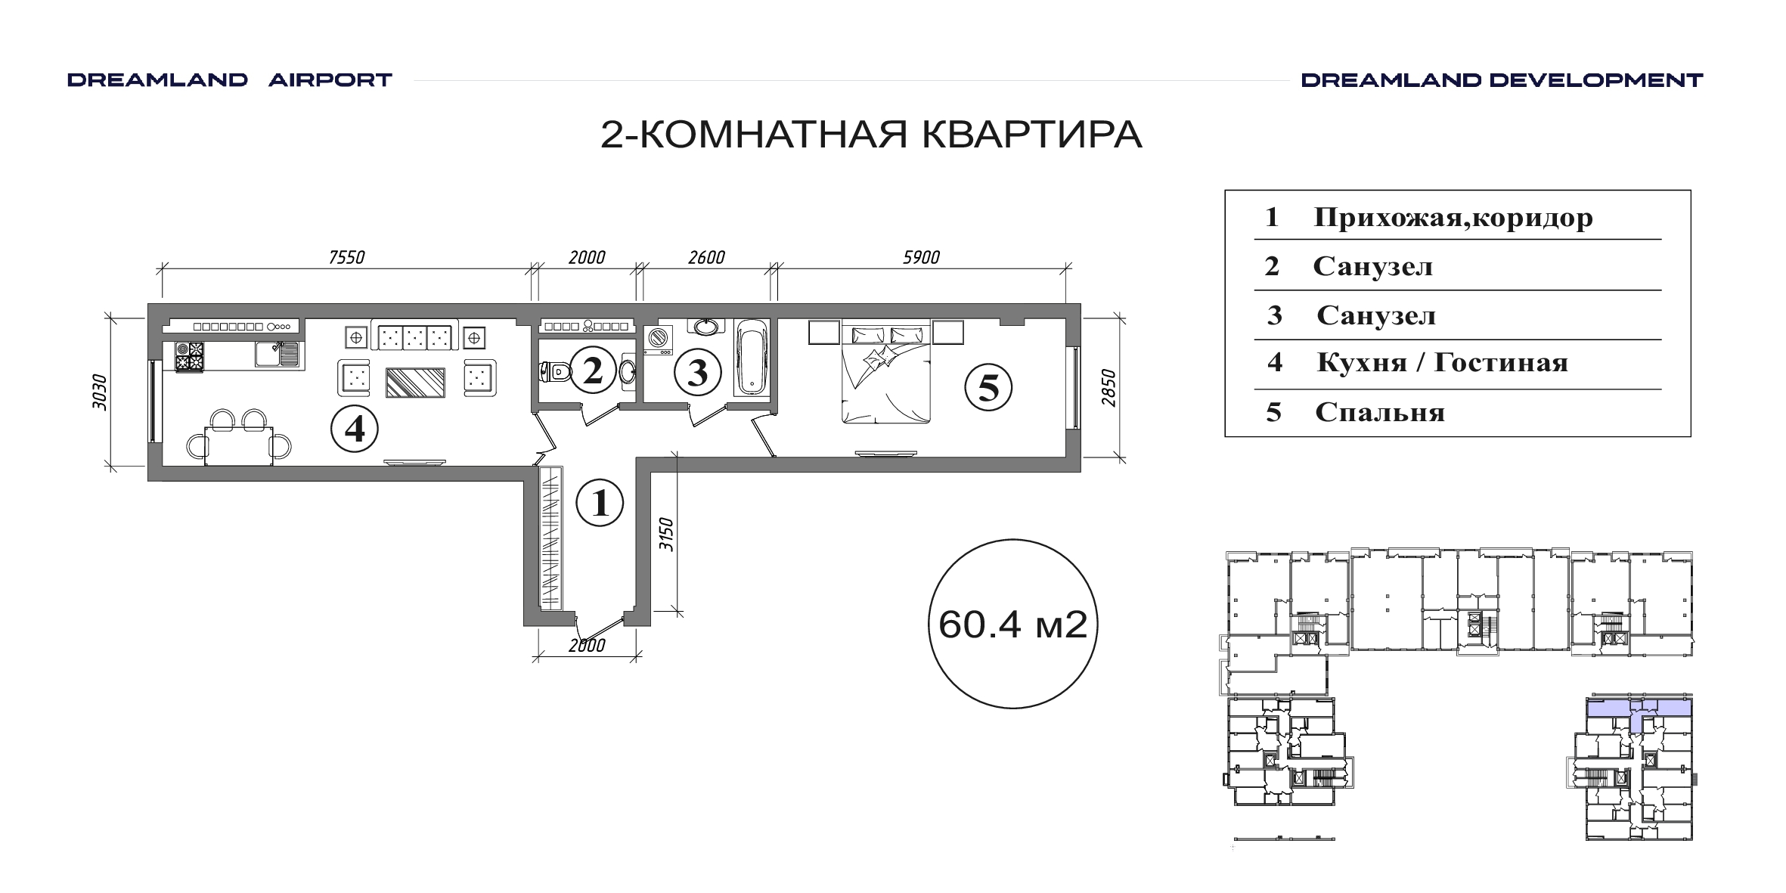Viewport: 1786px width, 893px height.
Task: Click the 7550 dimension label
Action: point(347,258)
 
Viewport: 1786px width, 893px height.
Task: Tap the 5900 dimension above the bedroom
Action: point(921,258)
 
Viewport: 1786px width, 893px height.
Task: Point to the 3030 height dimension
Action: point(99,392)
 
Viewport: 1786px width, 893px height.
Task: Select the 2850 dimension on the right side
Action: point(1108,388)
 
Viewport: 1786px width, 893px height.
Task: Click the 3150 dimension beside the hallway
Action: point(666,535)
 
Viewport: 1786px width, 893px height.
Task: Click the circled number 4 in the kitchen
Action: point(355,429)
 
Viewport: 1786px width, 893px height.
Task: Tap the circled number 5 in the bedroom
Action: point(988,388)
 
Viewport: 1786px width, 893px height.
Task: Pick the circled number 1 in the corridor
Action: point(600,503)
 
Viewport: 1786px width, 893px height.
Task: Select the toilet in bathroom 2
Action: point(554,371)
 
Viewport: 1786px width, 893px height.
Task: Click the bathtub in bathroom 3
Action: point(752,357)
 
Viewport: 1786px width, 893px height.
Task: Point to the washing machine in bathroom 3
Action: point(659,340)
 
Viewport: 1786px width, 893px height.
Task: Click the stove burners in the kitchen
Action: point(190,357)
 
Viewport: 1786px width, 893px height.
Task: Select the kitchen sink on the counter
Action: point(277,354)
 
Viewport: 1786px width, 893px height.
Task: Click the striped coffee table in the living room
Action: point(415,383)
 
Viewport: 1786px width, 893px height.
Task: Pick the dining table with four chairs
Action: point(238,439)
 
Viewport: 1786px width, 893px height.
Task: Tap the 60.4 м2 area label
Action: point(1012,625)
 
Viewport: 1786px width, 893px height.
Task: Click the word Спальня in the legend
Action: point(1380,413)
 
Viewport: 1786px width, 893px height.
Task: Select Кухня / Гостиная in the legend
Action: point(1442,363)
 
